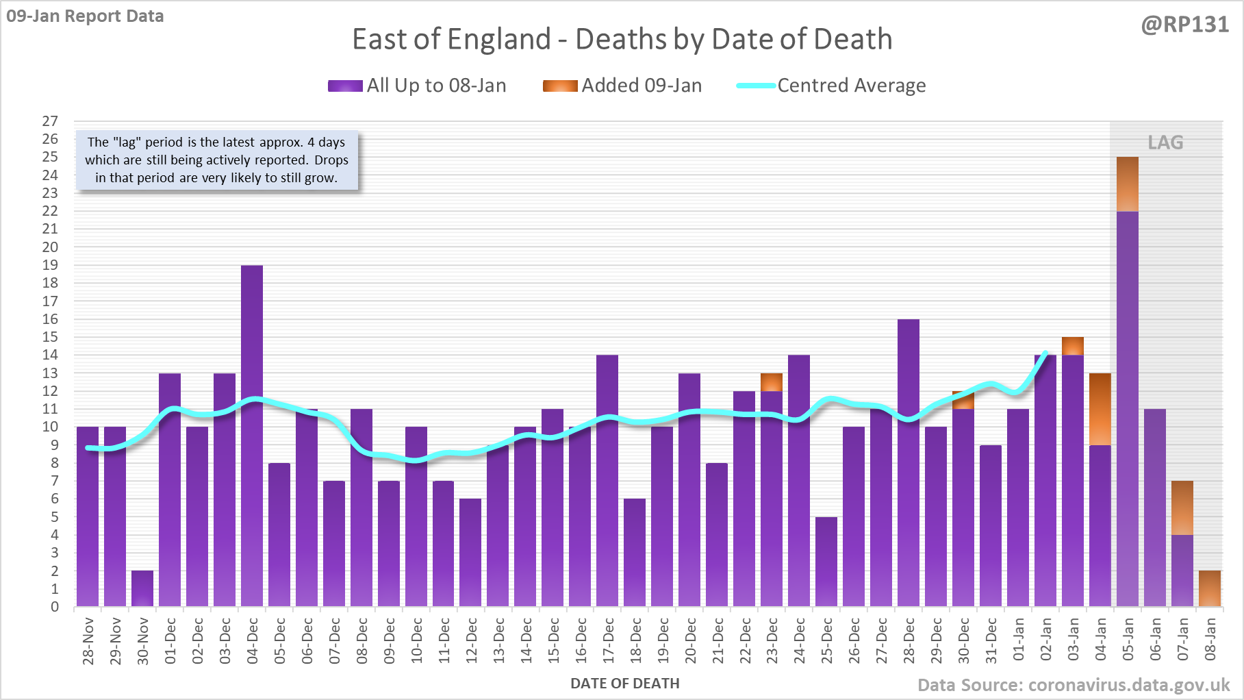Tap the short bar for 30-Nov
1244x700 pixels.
point(142,588)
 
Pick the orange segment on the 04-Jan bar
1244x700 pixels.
point(1100,409)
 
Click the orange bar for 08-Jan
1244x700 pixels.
point(1210,588)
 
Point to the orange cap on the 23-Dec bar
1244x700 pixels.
point(772,382)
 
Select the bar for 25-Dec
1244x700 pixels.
point(826,562)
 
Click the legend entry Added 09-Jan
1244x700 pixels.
point(622,86)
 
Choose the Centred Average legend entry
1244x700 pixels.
point(831,86)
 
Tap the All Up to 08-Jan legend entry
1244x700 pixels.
point(417,86)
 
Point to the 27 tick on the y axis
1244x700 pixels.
point(50,121)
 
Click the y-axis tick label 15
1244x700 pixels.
point(50,337)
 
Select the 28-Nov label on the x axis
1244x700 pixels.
point(88,641)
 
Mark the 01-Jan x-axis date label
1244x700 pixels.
point(1019,640)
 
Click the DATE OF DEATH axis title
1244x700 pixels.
point(624,684)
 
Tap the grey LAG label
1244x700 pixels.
point(1165,142)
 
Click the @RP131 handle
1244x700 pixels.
point(1184,25)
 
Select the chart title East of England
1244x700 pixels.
point(622,39)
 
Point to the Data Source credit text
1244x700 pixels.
point(1073,685)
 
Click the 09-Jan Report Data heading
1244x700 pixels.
point(86,16)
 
